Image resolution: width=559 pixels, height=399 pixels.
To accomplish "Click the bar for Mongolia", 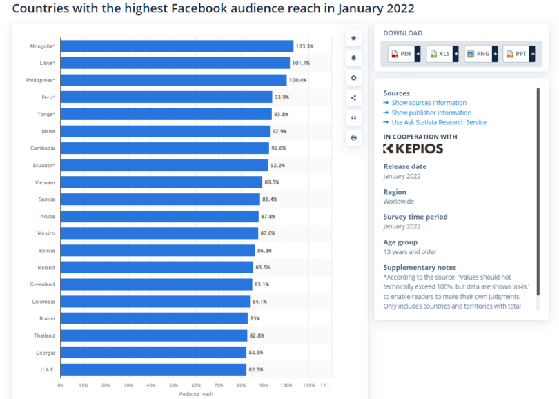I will click(177, 46).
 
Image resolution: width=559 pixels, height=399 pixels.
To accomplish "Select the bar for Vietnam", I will click(161, 182).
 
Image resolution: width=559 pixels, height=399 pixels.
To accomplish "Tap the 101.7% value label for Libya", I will click(302, 64).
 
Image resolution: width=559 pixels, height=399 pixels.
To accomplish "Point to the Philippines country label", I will click(40, 80).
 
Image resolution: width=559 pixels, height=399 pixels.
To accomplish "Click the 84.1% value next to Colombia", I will click(260, 302).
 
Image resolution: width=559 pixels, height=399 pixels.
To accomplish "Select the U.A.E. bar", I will click(153, 369).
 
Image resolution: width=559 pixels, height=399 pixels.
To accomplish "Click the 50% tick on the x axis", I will click(173, 385).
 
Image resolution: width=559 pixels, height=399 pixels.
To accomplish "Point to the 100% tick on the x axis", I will click(286, 385).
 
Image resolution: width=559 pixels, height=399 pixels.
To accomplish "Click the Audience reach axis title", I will click(196, 393).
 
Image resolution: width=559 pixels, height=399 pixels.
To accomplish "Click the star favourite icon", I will click(354, 38).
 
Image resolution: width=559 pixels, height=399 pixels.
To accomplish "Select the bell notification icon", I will click(354, 58).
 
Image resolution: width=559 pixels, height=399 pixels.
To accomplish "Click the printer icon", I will click(354, 138).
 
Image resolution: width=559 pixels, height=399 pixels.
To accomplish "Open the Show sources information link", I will click(429, 103).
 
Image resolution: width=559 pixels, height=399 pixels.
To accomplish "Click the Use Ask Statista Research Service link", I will click(438, 122).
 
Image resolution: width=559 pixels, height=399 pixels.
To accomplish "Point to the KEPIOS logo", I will click(413, 148).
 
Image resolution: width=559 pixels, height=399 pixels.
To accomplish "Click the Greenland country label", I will click(42, 284).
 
